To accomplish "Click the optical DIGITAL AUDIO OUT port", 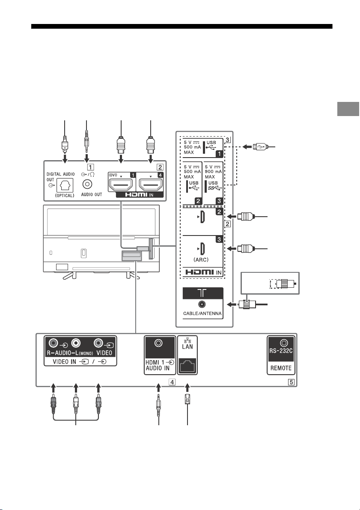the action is (65, 185).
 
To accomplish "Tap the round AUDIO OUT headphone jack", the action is (87, 184).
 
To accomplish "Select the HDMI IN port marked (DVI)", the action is (121, 185).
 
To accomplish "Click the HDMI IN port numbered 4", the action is (151, 185).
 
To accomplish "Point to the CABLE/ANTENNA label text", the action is (202, 314).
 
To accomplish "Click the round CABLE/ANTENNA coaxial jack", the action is (202, 304).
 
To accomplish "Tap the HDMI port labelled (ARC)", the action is (202, 249).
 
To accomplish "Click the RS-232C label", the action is (281, 351).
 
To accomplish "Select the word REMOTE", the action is (281, 368).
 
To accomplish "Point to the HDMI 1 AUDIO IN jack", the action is (158, 343).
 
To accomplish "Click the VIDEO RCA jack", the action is (98, 343).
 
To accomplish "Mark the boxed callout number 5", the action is (292, 382).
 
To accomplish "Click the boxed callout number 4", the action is (172, 382).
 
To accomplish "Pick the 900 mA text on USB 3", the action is (213, 171).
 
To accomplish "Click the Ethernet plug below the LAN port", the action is (187, 399).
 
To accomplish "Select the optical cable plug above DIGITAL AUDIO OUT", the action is (65, 143).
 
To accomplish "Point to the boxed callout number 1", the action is (90, 167).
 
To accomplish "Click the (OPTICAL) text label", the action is (65, 195).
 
